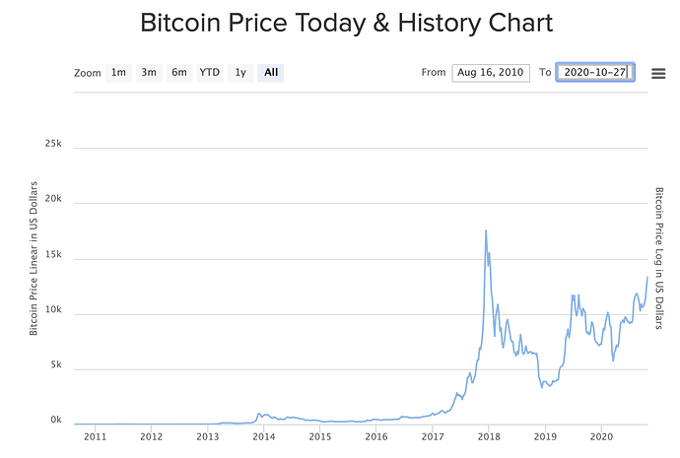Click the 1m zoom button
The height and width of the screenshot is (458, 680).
click(118, 72)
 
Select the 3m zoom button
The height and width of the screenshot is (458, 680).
click(149, 72)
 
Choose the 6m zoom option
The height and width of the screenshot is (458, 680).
click(178, 72)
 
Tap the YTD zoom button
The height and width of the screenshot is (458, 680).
click(209, 72)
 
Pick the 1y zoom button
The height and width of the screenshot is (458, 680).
click(239, 72)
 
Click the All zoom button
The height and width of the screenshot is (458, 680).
click(271, 72)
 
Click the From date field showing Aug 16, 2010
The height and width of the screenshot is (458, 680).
click(491, 72)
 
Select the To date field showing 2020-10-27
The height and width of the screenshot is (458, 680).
click(595, 72)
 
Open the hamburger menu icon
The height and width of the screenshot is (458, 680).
click(658, 73)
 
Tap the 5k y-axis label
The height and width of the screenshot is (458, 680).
click(56, 364)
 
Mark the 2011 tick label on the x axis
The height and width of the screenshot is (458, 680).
click(95, 435)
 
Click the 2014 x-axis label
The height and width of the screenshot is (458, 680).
click(263, 435)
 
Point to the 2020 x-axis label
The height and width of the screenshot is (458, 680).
click(601, 435)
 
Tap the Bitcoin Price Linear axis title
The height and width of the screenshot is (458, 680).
click(34, 258)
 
